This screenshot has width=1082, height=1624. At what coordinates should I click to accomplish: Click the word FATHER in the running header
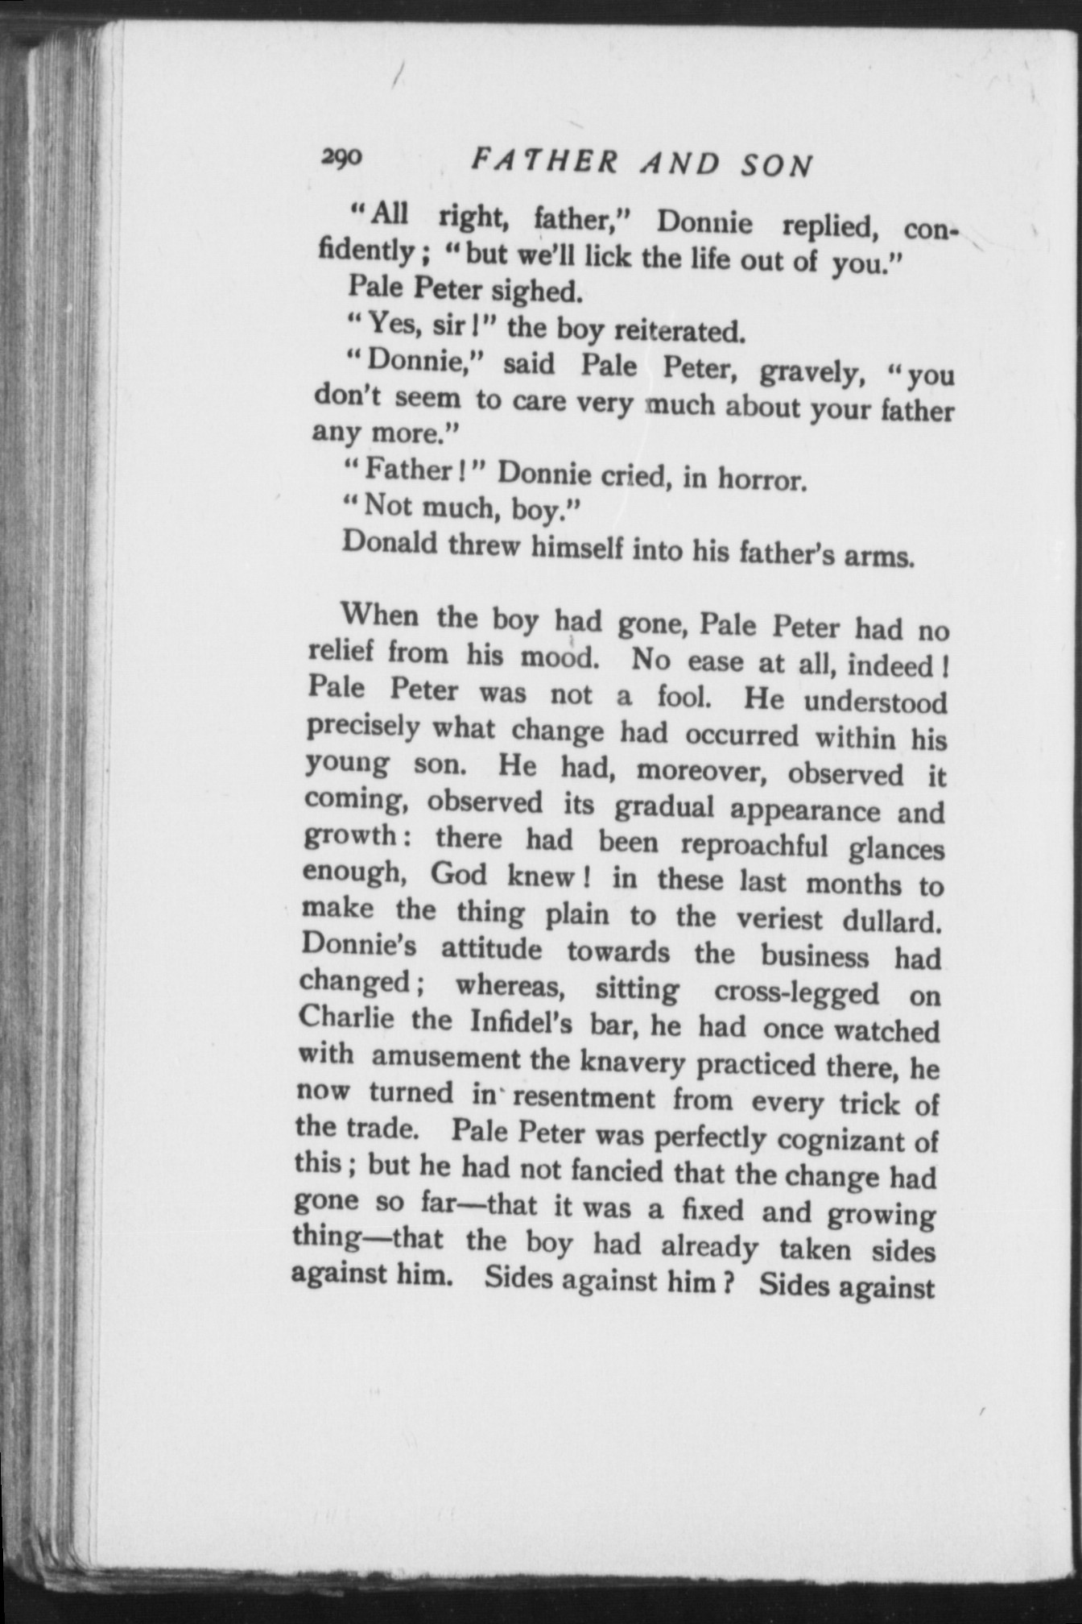pos(544,161)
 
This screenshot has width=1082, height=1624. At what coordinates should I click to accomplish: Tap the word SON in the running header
pos(776,166)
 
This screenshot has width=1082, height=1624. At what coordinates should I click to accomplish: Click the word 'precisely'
pos(363,727)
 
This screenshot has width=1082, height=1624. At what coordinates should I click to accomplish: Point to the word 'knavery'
pos(633,1063)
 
